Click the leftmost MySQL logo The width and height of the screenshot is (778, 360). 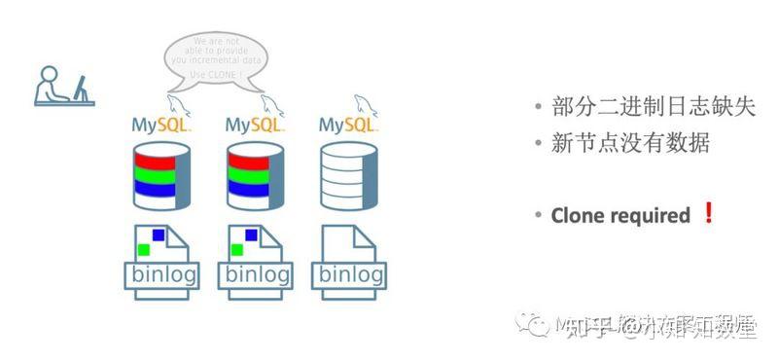161,125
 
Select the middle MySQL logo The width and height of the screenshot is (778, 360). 255,125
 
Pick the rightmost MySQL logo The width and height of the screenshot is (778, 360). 349,125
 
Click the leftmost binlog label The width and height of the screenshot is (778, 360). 162,274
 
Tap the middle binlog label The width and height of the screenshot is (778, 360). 257,274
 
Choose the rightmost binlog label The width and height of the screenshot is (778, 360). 350,274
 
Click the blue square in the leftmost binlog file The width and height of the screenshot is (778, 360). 159,234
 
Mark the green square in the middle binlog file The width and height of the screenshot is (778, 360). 237,250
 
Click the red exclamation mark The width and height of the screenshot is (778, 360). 708,214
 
